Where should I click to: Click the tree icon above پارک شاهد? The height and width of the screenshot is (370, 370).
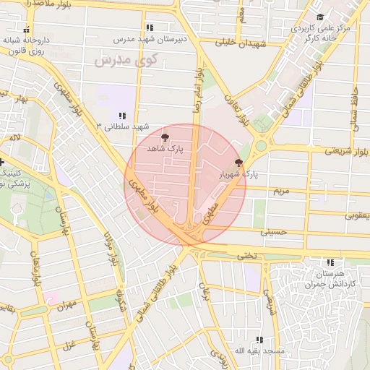coord(165,136)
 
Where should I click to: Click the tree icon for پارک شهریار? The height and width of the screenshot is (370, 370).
coord(238,163)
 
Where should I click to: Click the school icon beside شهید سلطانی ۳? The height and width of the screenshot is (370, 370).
coord(122,116)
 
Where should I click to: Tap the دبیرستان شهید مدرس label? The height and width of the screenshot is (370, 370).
coord(147,37)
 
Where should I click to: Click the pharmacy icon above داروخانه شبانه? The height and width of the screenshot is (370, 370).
coord(27,30)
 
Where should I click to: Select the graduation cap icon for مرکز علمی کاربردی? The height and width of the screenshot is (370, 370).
coord(319,17)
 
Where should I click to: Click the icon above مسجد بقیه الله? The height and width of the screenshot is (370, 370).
coord(259,340)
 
